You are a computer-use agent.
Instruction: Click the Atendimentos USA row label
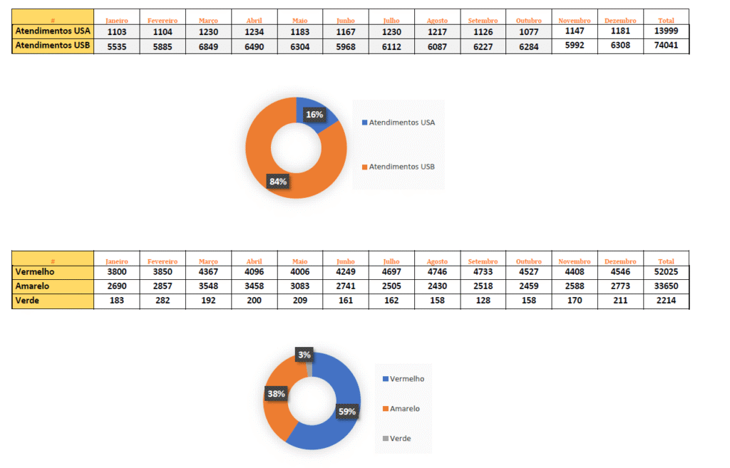pyautogui.click(x=52, y=32)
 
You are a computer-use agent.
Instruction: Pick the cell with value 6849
pyautogui.click(x=208, y=46)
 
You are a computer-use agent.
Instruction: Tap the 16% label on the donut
pyautogui.click(x=314, y=114)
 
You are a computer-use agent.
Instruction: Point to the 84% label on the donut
pyautogui.click(x=277, y=182)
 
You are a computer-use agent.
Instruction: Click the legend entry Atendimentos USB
pyautogui.click(x=401, y=167)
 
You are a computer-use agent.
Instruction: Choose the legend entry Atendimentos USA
pyautogui.click(x=401, y=123)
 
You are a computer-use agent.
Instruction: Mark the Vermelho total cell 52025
pyautogui.click(x=665, y=271)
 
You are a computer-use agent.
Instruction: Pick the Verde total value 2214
pyautogui.click(x=665, y=301)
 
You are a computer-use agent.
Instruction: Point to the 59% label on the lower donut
pyautogui.click(x=346, y=411)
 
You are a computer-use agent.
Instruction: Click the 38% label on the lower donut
pyautogui.click(x=276, y=393)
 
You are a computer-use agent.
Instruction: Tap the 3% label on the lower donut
pyautogui.click(x=304, y=355)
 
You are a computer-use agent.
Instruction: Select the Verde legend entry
pyautogui.click(x=400, y=438)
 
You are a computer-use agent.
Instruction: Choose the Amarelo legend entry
pyautogui.click(x=404, y=409)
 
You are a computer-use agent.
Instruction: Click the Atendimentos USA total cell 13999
pyautogui.click(x=665, y=32)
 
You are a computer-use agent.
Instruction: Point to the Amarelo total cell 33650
pyautogui.click(x=665, y=286)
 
